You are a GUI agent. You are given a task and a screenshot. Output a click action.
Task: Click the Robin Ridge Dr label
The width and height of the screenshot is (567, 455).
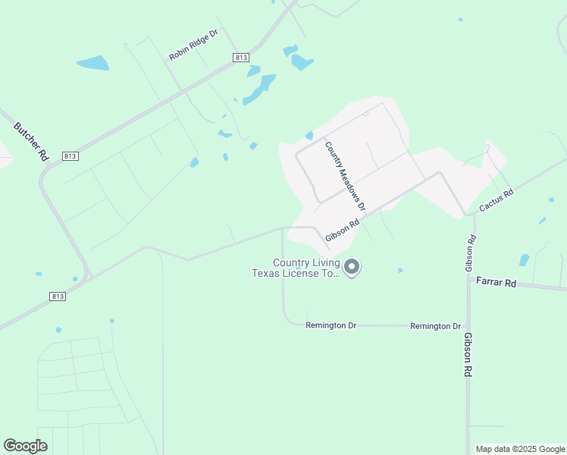(193, 45)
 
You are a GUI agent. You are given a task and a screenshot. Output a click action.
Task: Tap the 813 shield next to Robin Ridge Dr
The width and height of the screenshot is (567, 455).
(241, 58)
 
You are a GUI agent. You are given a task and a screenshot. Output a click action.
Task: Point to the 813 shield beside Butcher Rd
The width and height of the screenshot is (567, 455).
(70, 155)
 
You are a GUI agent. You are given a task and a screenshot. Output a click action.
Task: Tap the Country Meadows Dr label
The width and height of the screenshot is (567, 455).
(345, 176)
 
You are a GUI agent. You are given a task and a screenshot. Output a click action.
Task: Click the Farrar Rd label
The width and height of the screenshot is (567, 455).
(496, 283)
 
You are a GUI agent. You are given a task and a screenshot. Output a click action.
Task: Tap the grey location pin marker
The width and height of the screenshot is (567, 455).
(352, 267)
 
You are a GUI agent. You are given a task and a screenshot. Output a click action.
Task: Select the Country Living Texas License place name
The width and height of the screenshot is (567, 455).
(296, 268)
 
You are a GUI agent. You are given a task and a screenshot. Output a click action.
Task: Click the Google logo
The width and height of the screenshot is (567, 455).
(26, 446)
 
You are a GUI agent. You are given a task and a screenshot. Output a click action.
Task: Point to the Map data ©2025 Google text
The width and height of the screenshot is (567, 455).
(520, 449)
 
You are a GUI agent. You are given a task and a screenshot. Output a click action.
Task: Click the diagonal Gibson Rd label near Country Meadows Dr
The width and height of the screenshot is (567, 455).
(342, 231)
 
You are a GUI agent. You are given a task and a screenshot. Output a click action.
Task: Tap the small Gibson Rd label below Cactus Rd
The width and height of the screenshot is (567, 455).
(471, 254)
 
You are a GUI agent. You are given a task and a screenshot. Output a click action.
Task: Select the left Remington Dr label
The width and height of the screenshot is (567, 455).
(330, 325)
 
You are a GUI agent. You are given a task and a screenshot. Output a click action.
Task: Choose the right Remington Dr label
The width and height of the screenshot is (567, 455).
(435, 326)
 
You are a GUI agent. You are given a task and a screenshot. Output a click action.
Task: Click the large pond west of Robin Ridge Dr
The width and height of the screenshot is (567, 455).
(92, 63)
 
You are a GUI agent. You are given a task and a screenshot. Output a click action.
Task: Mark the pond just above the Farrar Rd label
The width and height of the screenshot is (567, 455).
(524, 260)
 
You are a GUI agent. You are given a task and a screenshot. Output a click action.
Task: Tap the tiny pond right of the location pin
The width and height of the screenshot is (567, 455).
(399, 270)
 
